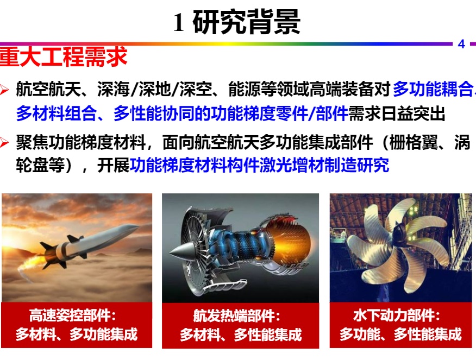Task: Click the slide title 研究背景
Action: click(x=247, y=22)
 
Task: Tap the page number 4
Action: click(x=461, y=45)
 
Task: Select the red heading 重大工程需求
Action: click(x=63, y=56)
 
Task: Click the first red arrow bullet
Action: click(x=4, y=89)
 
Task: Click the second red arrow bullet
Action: click(x=4, y=142)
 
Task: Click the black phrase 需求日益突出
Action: click(x=397, y=113)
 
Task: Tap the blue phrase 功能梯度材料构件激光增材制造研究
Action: click(x=259, y=166)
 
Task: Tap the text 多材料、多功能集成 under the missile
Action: click(x=77, y=334)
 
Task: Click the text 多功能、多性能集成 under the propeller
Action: click(x=400, y=334)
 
